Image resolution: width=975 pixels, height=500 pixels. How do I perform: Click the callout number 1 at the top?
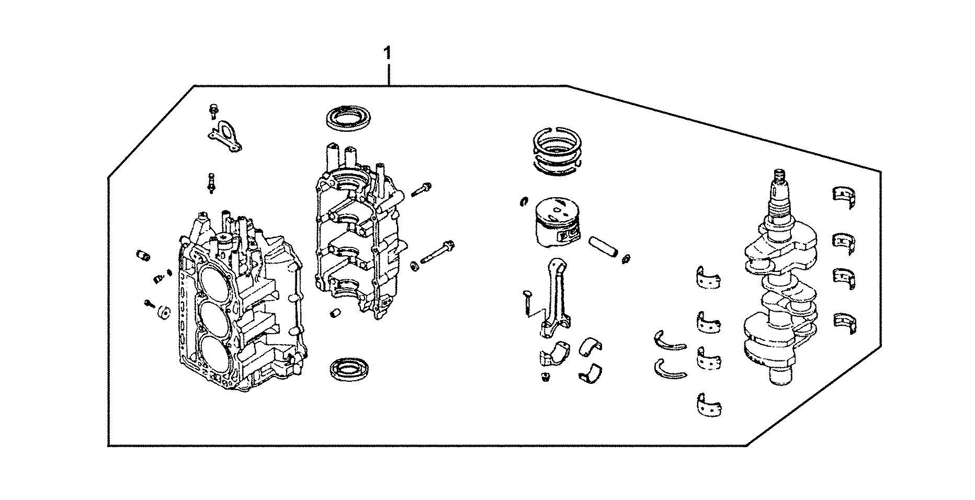click(x=387, y=53)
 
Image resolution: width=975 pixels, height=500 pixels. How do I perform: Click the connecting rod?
click(x=554, y=296)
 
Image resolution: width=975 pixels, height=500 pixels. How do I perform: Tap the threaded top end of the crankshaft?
click(x=779, y=178)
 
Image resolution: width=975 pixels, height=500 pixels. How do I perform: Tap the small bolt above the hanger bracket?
click(x=214, y=110)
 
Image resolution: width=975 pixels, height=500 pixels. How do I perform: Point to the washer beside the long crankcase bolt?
click(x=414, y=266)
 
